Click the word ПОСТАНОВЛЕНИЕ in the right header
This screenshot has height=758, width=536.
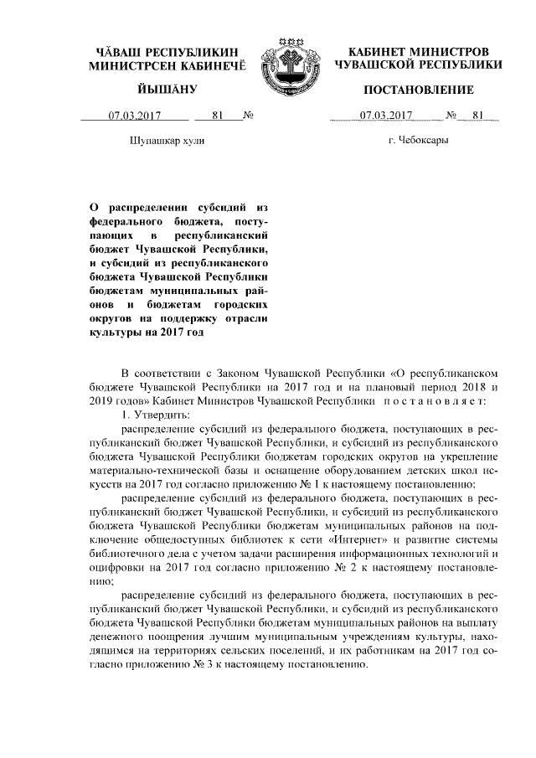click(x=419, y=90)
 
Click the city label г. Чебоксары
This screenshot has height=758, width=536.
click(x=419, y=142)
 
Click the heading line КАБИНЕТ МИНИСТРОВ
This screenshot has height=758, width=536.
click(x=419, y=50)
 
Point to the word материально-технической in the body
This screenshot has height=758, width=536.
click(x=152, y=470)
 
